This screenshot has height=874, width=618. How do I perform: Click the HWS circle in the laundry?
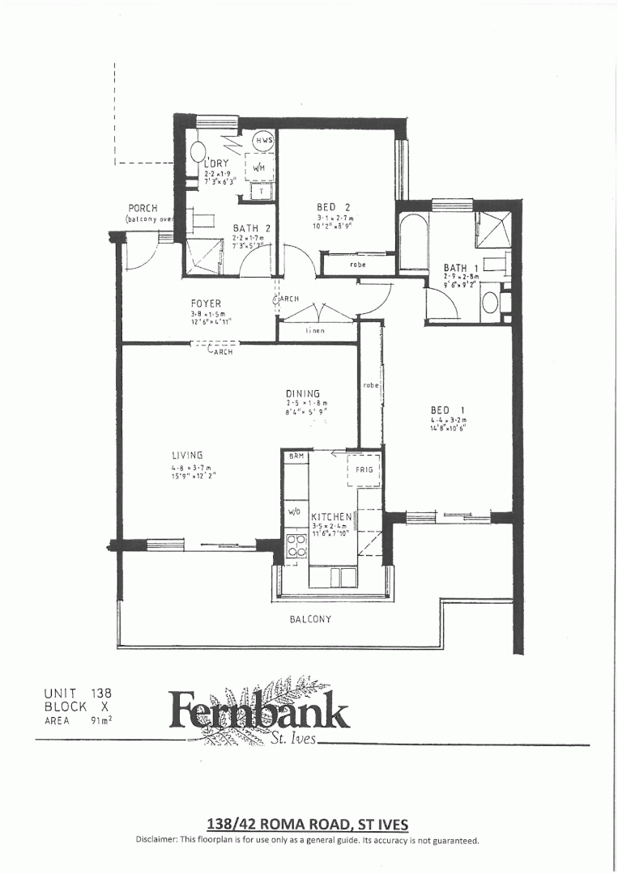coord(265,140)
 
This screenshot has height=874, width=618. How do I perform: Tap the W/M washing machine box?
coord(260,168)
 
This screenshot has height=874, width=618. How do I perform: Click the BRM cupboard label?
coord(296,457)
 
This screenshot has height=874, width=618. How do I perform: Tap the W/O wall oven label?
coord(294,512)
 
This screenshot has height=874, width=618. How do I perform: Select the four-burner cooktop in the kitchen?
coord(296,546)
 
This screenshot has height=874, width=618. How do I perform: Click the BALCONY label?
coord(310,619)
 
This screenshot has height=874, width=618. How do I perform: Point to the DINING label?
coord(302,393)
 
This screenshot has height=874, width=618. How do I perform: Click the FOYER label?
coord(206,304)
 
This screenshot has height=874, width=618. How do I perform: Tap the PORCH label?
coord(142,208)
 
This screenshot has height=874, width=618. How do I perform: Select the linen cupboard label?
coord(315,330)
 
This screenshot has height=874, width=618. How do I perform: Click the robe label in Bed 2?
coord(357,264)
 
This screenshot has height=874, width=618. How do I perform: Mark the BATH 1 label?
coord(460,268)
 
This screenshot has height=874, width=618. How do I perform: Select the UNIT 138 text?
coord(78,693)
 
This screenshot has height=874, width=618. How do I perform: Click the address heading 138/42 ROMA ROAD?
coord(308,824)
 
